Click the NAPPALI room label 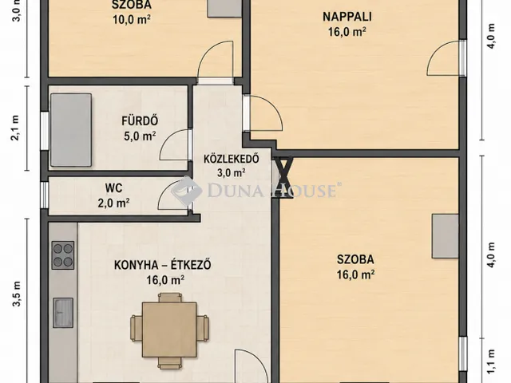[x=347, y=17]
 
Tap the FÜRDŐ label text [x=140, y=120]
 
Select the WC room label [x=113, y=188]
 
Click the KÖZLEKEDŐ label [x=232, y=159]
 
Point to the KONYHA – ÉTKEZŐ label [x=163, y=265]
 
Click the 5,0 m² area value [x=140, y=136]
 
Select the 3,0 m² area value [x=232, y=172]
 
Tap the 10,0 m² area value [x=132, y=19]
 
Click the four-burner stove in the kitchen [x=63, y=255]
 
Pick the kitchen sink [x=63, y=313]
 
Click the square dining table [x=169, y=330]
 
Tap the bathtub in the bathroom [x=71, y=130]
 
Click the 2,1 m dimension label [x=15, y=128]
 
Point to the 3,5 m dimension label [x=17, y=294]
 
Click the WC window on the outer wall [x=45, y=195]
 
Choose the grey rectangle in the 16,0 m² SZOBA [x=446, y=236]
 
